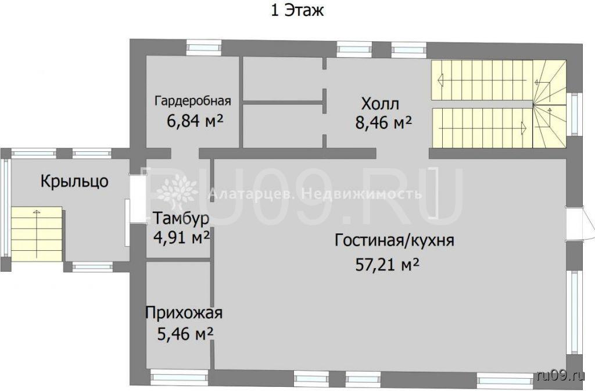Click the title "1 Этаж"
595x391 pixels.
[x=297, y=10]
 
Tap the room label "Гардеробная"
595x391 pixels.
[x=193, y=101]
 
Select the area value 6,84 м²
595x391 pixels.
[x=195, y=121]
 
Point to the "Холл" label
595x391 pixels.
[x=380, y=104]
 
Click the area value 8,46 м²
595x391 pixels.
[x=383, y=122]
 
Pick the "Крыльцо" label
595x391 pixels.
[x=74, y=182]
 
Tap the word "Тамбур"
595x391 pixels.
[x=181, y=219]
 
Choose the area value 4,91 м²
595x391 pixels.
[x=181, y=237]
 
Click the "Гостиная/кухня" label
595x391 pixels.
[x=395, y=240]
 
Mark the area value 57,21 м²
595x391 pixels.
[x=387, y=265]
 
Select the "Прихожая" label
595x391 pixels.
[x=184, y=313]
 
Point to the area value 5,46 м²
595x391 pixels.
[x=185, y=334]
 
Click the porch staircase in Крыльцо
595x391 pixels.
[x=37, y=234]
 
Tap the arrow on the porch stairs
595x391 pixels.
[x=37, y=233]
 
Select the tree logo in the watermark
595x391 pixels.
[x=177, y=192]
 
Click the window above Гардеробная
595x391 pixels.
[x=203, y=48]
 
